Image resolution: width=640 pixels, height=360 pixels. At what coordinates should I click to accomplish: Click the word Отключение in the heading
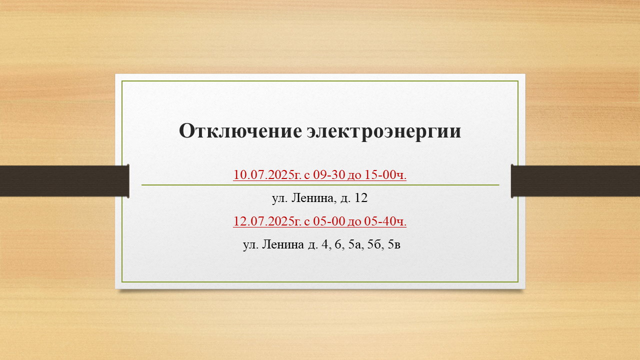click(240, 131)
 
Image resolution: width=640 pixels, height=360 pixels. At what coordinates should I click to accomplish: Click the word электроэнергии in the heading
click(384, 132)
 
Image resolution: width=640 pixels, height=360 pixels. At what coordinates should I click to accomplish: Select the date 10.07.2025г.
click(267, 174)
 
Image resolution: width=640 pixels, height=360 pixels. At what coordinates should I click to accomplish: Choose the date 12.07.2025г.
click(267, 221)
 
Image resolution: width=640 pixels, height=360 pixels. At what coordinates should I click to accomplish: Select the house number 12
click(361, 197)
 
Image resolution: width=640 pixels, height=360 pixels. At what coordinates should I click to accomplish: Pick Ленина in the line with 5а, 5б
click(283, 244)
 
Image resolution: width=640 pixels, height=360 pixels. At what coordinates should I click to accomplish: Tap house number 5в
click(394, 245)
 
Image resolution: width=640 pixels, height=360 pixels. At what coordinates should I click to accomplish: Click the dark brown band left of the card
click(64, 181)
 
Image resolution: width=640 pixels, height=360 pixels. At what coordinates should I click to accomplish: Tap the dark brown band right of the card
click(575, 181)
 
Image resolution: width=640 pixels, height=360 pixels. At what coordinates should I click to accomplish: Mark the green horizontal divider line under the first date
click(320, 185)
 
